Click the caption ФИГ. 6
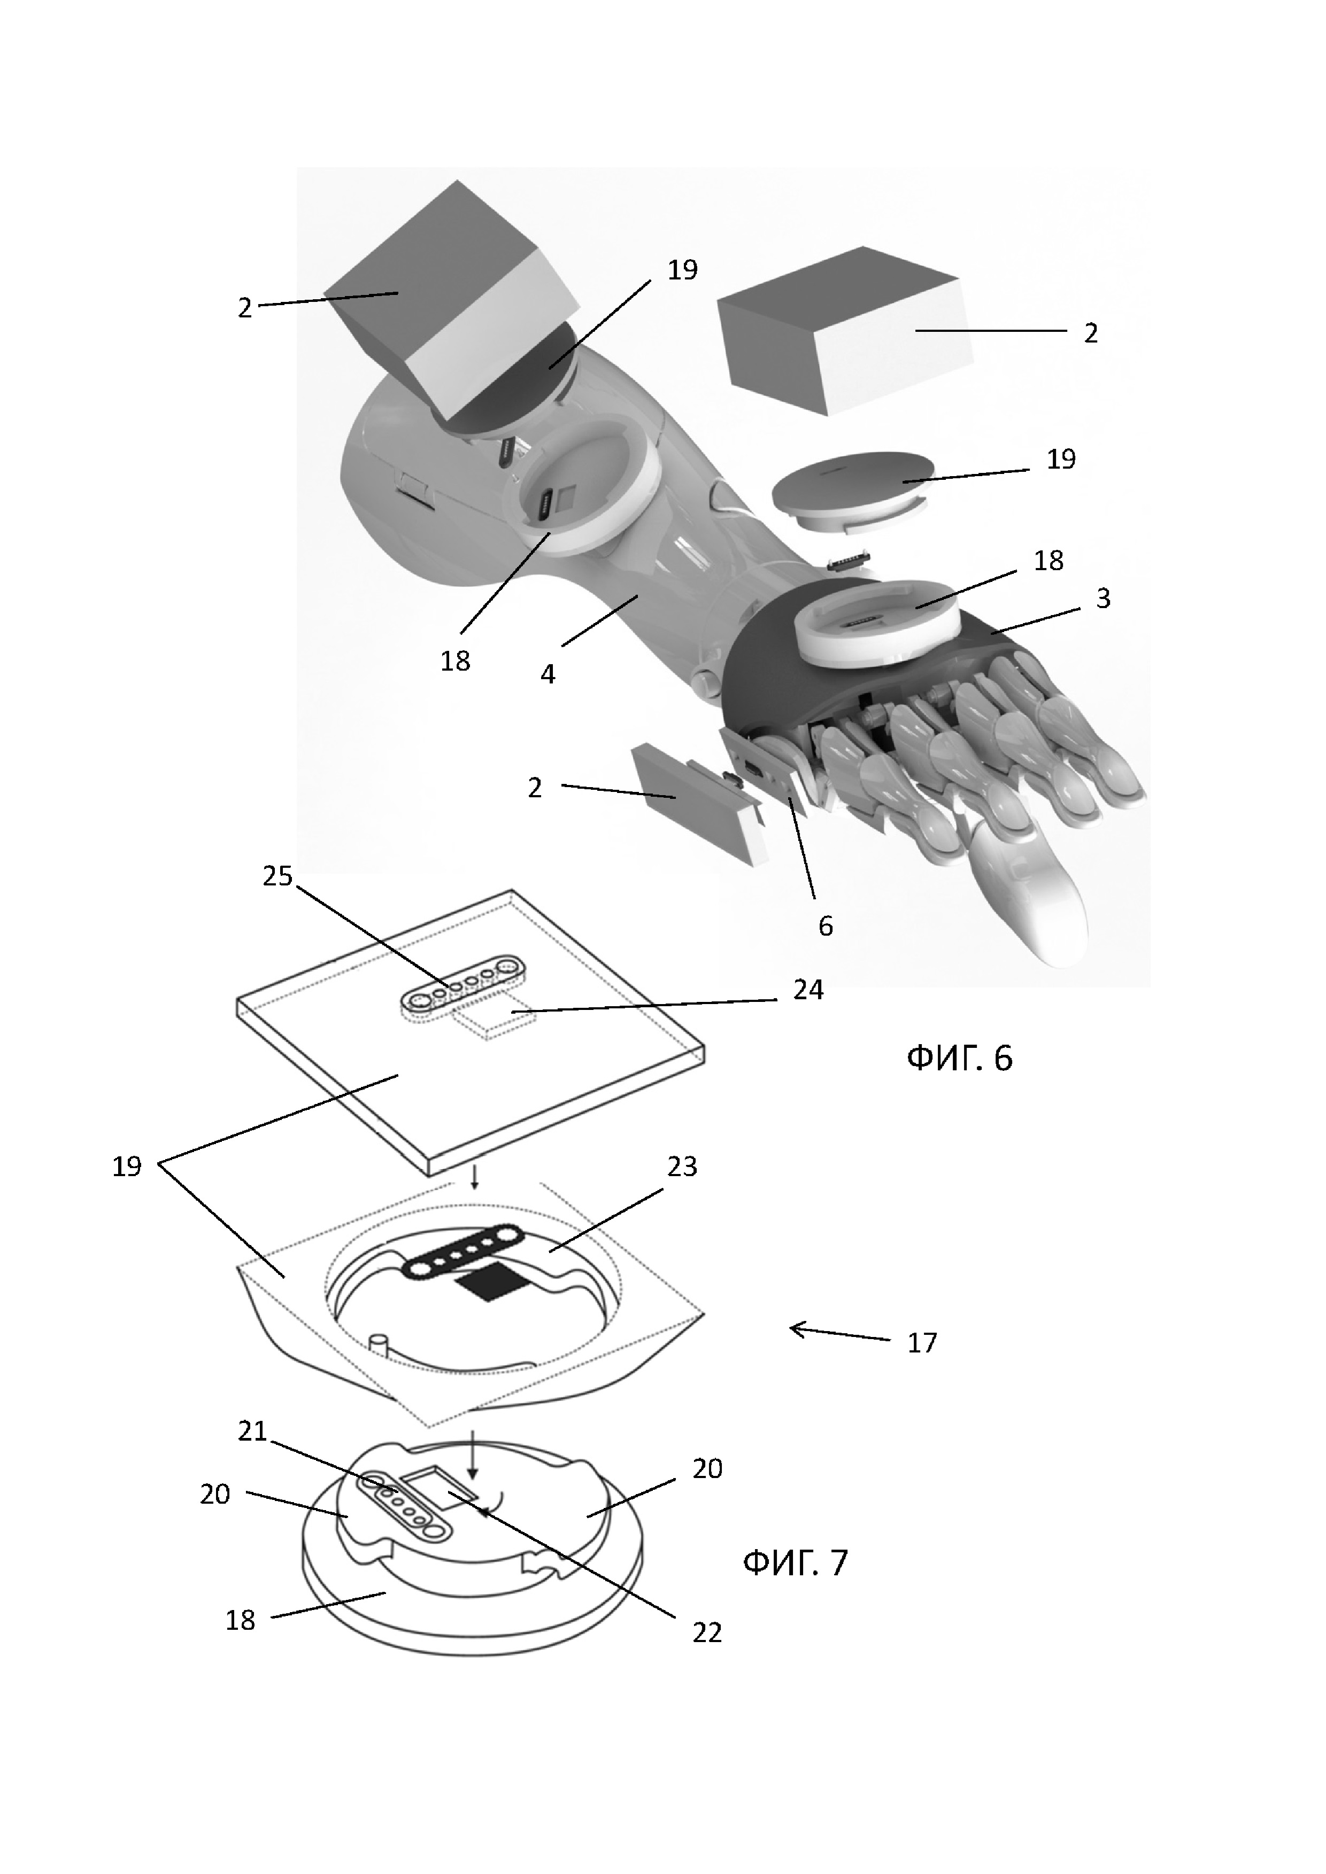pyautogui.click(x=959, y=1059)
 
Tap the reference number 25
pyautogui.click(x=277, y=876)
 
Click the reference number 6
pyautogui.click(x=826, y=926)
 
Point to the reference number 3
pyautogui.click(x=1103, y=598)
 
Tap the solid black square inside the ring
pyautogui.click(x=488, y=1287)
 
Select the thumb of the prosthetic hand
pyautogui.click(x=1037, y=906)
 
